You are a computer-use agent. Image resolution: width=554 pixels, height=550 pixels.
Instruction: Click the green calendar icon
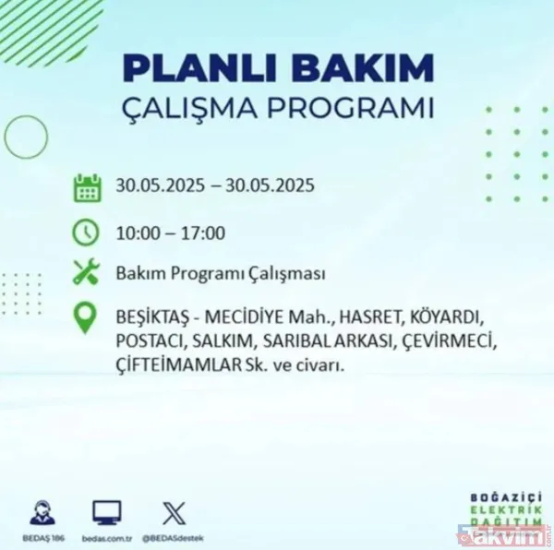(x=86, y=186)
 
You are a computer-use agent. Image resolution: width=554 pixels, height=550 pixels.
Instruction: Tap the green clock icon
(x=86, y=231)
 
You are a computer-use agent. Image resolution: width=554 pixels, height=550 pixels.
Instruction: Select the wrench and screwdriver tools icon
(x=86, y=273)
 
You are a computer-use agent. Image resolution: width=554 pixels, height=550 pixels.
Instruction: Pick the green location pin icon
(x=86, y=318)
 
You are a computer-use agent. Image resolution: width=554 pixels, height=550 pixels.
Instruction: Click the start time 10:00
(x=137, y=232)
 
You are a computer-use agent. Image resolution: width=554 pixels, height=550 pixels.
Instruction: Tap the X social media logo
(x=173, y=512)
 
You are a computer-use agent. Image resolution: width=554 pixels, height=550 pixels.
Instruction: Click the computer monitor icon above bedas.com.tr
(x=107, y=512)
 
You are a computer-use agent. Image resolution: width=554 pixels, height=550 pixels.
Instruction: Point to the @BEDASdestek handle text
(x=174, y=537)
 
